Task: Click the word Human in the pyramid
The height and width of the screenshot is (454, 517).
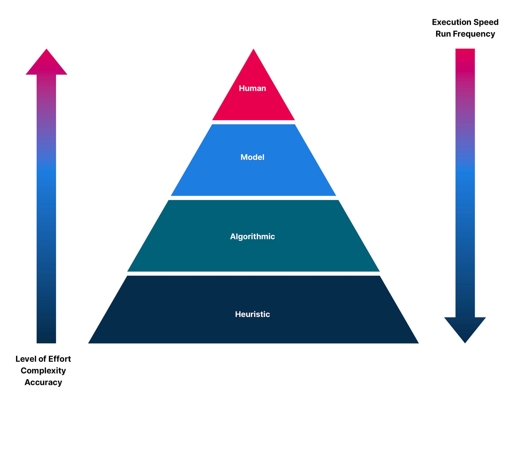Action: point(252,88)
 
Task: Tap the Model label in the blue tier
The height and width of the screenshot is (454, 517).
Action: point(252,157)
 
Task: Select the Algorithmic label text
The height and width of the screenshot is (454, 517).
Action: point(252,236)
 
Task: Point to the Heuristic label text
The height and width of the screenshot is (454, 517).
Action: point(252,314)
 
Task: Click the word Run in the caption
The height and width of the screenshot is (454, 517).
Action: point(443,34)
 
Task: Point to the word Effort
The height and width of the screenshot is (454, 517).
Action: point(59,359)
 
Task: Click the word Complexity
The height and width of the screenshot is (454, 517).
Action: point(43,371)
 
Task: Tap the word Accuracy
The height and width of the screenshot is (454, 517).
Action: point(43,382)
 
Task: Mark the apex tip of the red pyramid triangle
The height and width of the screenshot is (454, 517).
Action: point(253,50)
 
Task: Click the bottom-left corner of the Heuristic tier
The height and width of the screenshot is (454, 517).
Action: point(89,342)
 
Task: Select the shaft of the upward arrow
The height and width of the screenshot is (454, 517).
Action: point(47,207)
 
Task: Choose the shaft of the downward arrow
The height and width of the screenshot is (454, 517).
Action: point(465,181)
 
